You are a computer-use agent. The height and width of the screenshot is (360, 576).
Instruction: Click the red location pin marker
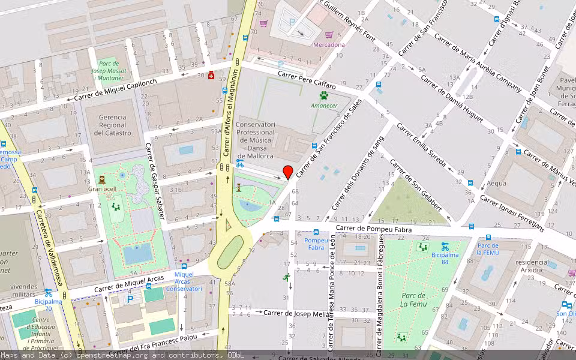[x=288, y=172]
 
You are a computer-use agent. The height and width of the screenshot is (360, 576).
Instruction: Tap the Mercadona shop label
[x=329, y=44]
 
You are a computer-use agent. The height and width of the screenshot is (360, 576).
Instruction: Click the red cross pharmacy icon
[x=211, y=76]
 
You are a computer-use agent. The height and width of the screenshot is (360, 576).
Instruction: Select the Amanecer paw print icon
[x=324, y=95]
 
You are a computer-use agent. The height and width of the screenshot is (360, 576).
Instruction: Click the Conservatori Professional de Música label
[x=256, y=133]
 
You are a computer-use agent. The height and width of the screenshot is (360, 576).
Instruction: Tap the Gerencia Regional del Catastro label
[x=114, y=125]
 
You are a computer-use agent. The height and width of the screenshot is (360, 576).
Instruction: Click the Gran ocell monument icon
[x=102, y=179]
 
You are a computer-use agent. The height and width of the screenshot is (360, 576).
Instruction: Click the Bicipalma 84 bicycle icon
[x=445, y=246]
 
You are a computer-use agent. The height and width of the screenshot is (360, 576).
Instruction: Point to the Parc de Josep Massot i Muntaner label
[x=112, y=70]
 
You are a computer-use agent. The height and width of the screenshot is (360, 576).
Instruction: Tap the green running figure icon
[x=287, y=277]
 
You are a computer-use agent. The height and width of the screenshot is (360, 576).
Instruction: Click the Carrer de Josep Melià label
[x=297, y=313]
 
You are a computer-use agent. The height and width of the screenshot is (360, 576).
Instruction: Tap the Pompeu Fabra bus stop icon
[x=316, y=233]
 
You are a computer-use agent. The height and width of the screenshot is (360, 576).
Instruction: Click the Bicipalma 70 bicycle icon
[x=48, y=293]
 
